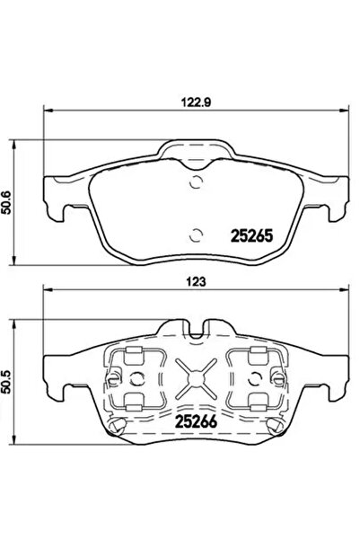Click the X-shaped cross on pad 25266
point(197,377)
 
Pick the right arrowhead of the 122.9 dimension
point(345,111)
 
